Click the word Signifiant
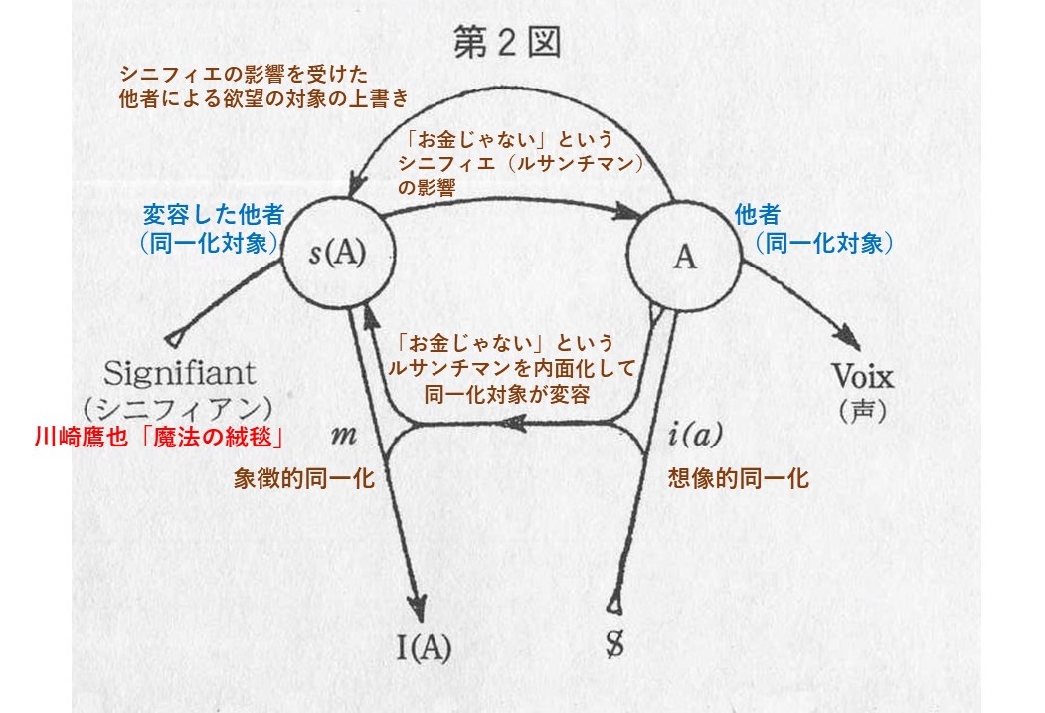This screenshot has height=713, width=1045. click(x=180, y=374)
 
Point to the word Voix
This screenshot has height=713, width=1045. click(x=862, y=378)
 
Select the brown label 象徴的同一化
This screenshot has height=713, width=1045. click(x=303, y=478)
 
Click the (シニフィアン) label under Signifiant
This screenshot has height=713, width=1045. click(x=179, y=407)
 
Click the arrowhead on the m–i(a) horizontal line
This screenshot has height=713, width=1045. click(x=515, y=424)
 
